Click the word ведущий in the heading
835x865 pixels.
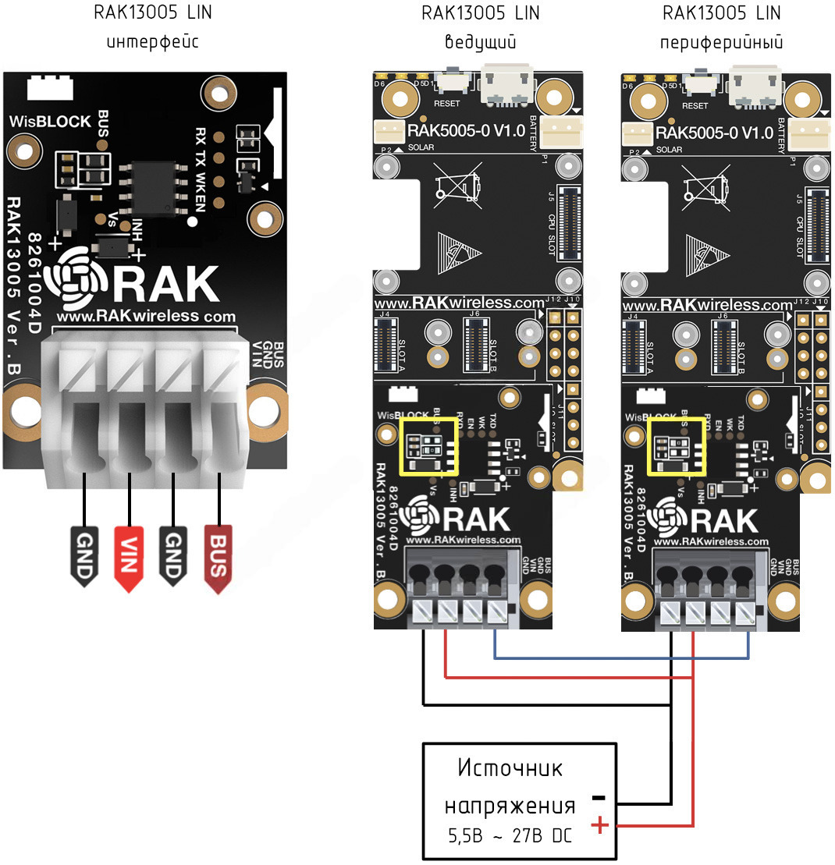(480, 41)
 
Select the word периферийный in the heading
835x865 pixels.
(721, 41)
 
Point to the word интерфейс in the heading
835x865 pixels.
(152, 41)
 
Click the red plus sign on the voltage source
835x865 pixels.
(599, 824)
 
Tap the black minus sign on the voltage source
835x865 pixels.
(598, 798)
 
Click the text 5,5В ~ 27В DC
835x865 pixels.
(509, 835)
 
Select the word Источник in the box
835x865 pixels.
(510, 769)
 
